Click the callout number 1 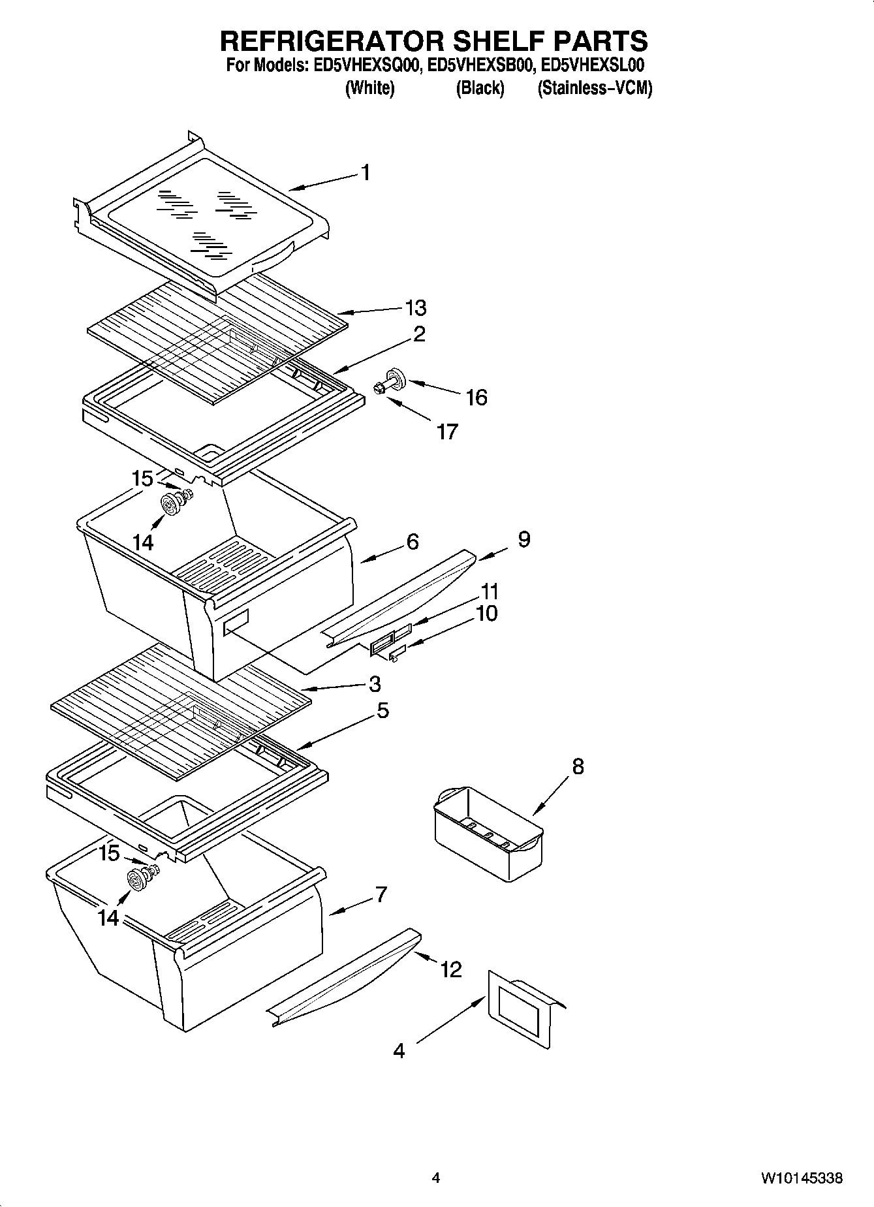(366, 173)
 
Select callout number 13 (416, 307)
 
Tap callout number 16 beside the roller (476, 397)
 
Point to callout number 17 (447, 431)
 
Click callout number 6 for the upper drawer (413, 542)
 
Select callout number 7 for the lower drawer (381, 894)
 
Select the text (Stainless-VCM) (594, 88)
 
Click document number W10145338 (801, 1178)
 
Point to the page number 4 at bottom (436, 1178)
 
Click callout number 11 (490, 591)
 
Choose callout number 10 (486, 613)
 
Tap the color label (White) (369, 88)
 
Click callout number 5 (382, 710)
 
